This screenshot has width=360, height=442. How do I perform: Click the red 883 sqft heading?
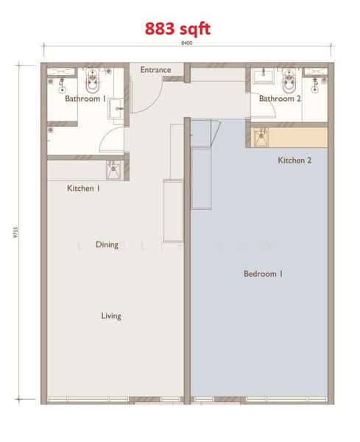click(177, 29)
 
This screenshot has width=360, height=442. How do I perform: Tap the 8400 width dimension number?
click(186, 43)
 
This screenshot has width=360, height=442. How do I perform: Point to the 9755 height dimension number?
click(15, 233)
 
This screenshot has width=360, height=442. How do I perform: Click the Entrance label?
click(155, 70)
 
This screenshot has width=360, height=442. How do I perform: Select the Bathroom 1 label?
click(85, 99)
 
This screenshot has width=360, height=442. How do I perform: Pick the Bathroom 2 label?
click(280, 99)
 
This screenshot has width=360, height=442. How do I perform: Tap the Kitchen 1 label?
click(83, 189)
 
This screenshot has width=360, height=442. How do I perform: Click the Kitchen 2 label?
click(294, 161)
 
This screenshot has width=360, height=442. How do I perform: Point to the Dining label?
click(107, 245)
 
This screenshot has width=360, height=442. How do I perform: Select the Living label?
click(111, 316)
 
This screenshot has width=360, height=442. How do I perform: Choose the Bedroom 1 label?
click(263, 274)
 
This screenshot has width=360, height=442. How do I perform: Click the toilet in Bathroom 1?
click(93, 81)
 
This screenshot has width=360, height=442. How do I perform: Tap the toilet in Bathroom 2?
click(289, 81)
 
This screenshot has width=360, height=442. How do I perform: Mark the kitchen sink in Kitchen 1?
click(113, 170)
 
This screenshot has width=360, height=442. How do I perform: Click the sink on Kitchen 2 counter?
click(261, 138)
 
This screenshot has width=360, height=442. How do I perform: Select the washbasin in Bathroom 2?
click(263, 76)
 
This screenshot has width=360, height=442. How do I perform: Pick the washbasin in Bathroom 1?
click(116, 109)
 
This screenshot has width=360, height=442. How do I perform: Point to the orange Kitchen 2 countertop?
click(298, 138)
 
